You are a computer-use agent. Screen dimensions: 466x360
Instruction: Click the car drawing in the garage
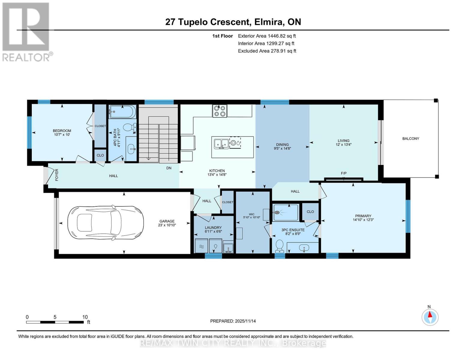click(x=106, y=223)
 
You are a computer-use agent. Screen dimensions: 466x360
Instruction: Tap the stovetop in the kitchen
click(x=219, y=111)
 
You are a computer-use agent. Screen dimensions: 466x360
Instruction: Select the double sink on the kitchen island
click(x=221, y=143)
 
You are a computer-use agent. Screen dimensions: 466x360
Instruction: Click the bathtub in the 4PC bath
click(x=122, y=112)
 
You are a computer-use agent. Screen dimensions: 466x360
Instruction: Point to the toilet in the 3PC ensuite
click(x=279, y=246)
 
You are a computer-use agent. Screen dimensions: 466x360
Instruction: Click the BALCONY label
click(x=410, y=139)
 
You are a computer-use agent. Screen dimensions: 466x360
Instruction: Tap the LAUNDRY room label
click(x=213, y=227)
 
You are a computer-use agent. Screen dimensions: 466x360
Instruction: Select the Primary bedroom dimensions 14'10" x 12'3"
click(x=363, y=220)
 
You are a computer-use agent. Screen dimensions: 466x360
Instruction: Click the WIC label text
click(x=251, y=214)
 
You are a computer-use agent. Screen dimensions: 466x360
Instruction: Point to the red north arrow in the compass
click(x=430, y=314)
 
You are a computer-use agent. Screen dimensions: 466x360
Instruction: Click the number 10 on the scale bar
click(x=85, y=317)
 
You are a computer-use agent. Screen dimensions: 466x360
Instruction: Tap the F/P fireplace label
click(x=344, y=173)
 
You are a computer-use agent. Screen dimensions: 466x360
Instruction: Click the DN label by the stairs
click(x=169, y=168)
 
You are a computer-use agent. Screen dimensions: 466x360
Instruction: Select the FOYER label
click(x=57, y=175)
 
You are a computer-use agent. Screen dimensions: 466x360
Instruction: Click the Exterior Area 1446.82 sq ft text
click(x=267, y=36)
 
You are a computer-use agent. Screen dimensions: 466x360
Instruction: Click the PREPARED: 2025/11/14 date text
click(x=233, y=321)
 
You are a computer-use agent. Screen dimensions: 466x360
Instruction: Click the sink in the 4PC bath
click(x=131, y=149)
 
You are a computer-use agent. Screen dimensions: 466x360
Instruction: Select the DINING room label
click(x=282, y=145)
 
